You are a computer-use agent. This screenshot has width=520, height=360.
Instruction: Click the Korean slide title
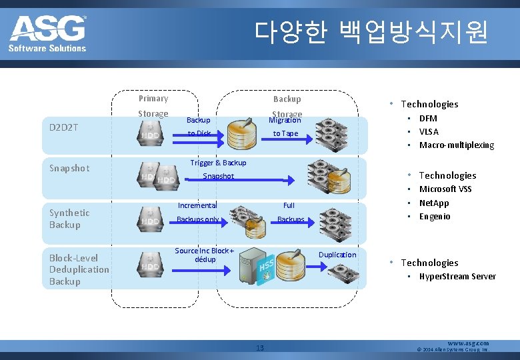tap(371, 31)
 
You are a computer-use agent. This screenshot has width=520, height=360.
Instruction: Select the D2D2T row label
tap(64, 126)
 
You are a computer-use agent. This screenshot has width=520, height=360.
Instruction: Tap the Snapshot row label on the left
tap(69, 168)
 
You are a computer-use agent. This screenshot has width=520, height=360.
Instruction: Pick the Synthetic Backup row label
tap(69, 219)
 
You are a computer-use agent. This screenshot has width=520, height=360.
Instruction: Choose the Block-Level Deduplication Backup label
tap(79, 269)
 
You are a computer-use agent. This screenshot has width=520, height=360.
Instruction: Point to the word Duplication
tap(337, 255)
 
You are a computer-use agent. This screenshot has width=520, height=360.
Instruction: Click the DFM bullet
tap(428, 118)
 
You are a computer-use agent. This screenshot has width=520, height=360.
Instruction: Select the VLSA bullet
tap(429, 131)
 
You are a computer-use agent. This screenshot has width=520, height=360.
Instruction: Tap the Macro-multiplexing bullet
tap(456, 145)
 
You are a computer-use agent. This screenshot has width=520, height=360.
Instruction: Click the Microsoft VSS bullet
tap(445, 189)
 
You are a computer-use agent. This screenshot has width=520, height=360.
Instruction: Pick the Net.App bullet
tap(434, 203)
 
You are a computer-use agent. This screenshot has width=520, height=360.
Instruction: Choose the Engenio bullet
tap(435, 216)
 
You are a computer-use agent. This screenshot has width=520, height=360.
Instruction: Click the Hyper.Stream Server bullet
tap(457, 276)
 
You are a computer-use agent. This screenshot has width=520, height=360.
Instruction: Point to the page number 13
tap(260, 347)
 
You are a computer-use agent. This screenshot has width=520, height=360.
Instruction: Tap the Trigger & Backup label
tap(218, 163)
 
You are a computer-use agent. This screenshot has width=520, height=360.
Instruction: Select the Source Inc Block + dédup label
tap(205, 255)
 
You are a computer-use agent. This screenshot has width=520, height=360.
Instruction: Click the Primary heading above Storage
tap(153, 99)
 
